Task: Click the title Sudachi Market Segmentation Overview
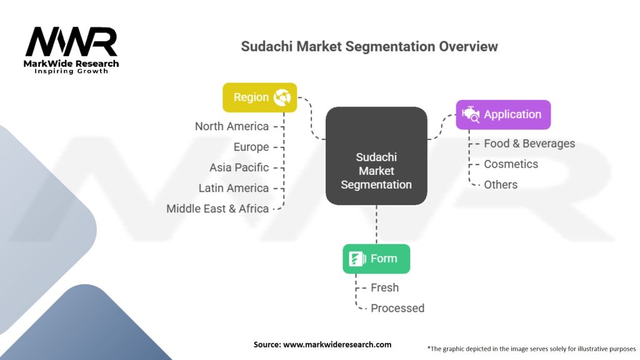[369, 46]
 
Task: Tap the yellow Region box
[259, 97]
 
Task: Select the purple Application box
[502, 114]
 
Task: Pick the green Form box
[376, 258]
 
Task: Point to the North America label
[231, 126]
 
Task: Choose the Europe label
[251, 147]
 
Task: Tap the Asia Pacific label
[239, 167]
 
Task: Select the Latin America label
[234, 188]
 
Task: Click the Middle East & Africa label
[217, 209]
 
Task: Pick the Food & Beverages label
[529, 143]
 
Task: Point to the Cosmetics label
[511, 164]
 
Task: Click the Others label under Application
[501, 184]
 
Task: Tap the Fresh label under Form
[384, 287]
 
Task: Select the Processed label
[397, 308]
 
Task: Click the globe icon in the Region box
[282, 97]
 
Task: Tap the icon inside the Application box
[470, 114]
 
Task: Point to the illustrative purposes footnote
[531, 348]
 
